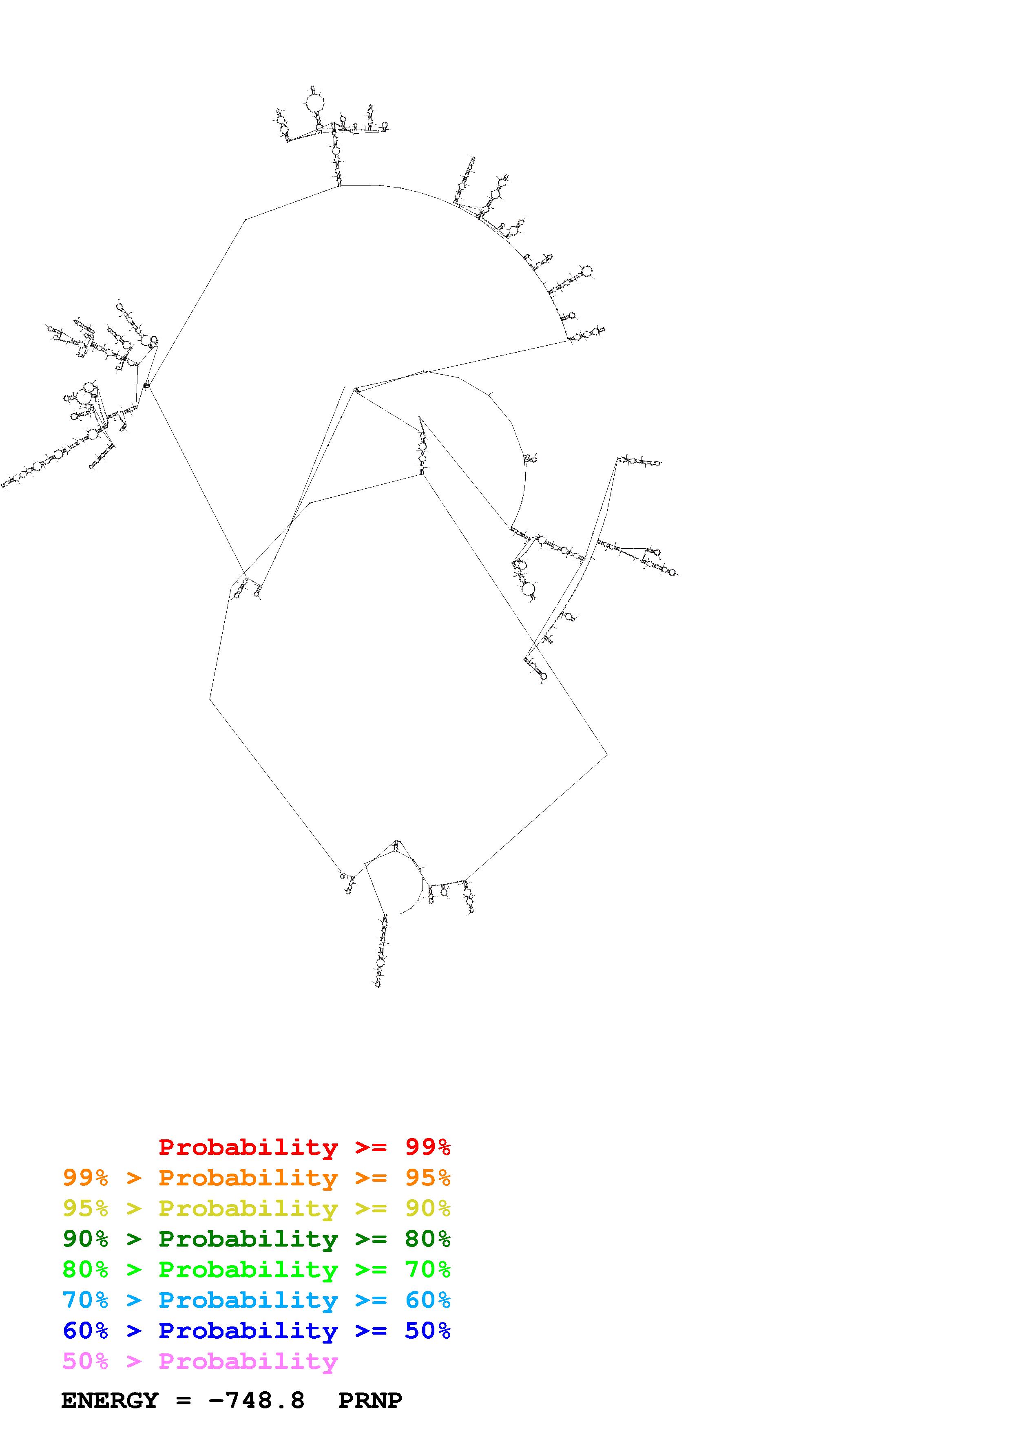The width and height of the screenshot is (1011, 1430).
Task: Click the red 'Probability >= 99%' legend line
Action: (x=305, y=1147)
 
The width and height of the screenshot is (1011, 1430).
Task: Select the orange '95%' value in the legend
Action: (x=428, y=1178)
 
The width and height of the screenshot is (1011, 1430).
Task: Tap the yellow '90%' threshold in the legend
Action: (x=428, y=1208)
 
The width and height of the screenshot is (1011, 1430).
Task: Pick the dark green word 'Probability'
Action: (x=248, y=1239)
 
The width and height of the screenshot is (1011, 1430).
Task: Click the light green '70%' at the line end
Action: (x=428, y=1269)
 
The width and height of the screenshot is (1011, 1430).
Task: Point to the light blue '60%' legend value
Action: (x=428, y=1300)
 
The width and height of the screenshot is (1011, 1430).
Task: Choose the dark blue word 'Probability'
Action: (x=248, y=1331)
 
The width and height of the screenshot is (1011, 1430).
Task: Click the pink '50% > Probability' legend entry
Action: (x=200, y=1362)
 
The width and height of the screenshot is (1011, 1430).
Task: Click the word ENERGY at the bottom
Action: (x=110, y=1401)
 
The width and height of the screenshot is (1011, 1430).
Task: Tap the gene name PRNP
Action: (x=370, y=1401)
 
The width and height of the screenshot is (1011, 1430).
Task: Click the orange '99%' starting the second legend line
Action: (x=85, y=1178)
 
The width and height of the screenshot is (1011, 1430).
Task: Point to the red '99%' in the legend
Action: (x=428, y=1147)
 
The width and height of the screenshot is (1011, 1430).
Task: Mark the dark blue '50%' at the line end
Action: (x=428, y=1331)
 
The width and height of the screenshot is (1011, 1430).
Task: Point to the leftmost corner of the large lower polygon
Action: (x=209, y=699)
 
